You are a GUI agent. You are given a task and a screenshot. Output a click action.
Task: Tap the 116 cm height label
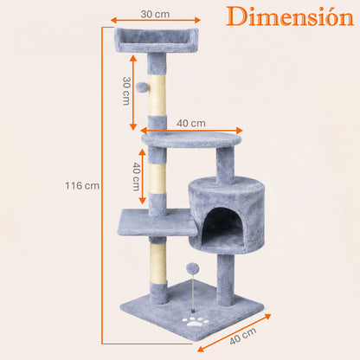click(82, 185)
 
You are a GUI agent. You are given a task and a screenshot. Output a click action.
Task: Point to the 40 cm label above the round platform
click(191, 122)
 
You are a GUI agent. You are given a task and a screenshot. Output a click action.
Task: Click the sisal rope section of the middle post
click(157, 181)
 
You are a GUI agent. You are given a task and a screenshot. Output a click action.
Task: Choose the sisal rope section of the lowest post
click(157, 260)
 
